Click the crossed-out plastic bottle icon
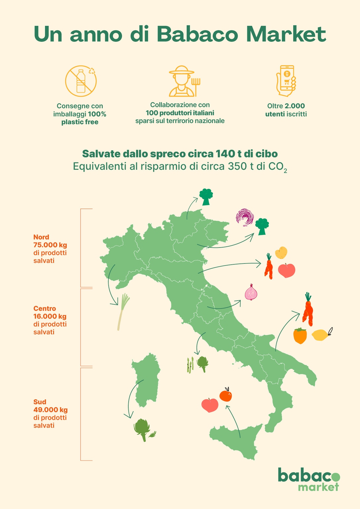point(81,81)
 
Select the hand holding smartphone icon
point(286,81)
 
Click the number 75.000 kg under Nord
point(50,245)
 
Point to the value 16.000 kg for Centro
point(50,316)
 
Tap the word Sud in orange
point(40,402)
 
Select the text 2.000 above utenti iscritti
point(295,106)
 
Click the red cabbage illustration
point(245,217)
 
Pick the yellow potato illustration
point(281,253)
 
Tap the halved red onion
point(251,293)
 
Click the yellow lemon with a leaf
point(321,335)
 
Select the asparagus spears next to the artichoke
point(190,365)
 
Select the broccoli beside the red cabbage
point(262,226)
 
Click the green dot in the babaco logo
point(335,477)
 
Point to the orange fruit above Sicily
point(226,395)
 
